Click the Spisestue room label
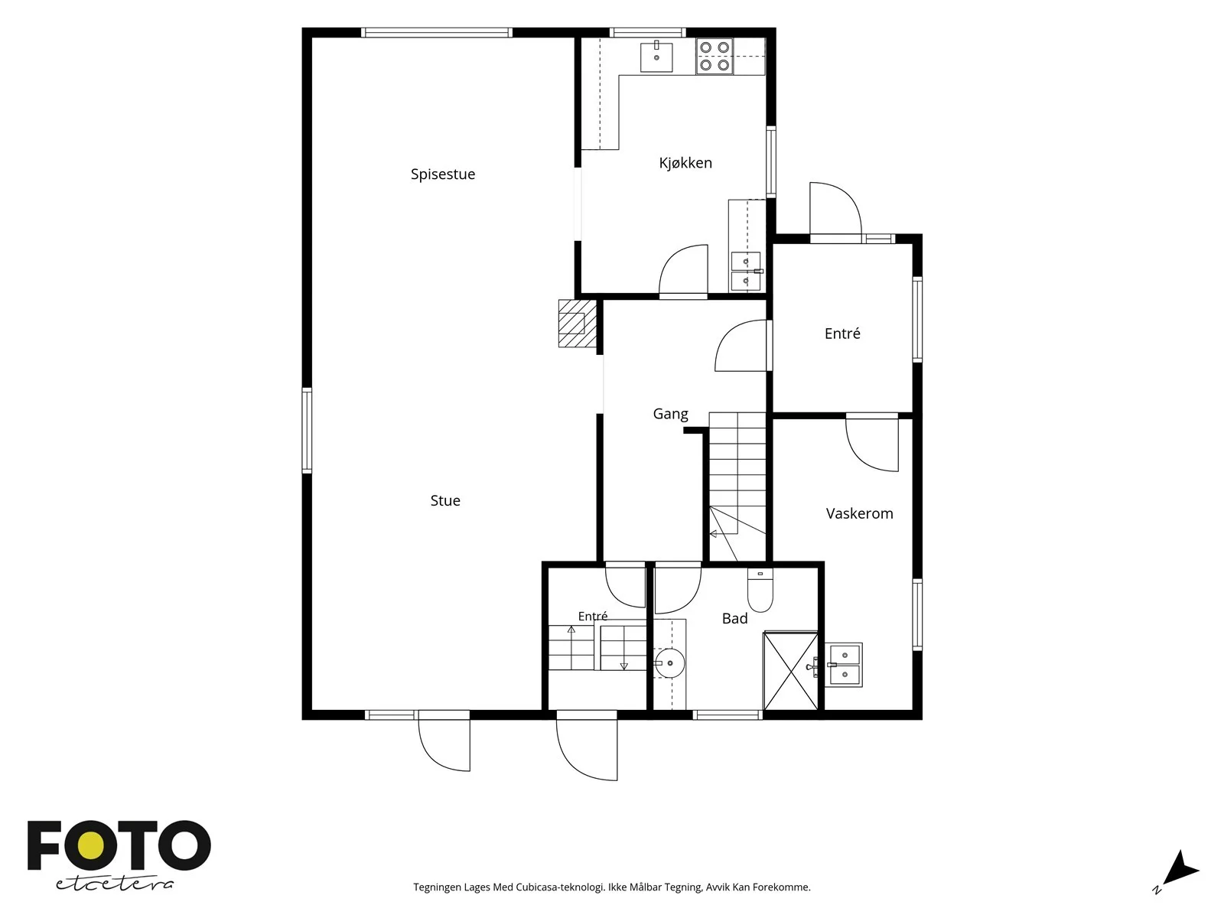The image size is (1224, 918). point(443,174)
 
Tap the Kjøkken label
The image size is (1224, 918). point(685,163)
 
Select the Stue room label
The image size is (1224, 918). point(445,500)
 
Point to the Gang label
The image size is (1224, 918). point(670,414)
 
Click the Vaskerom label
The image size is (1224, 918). point(859,513)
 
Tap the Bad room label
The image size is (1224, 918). point(734,618)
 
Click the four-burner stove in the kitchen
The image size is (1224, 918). point(715,57)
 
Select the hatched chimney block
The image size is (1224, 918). point(578,324)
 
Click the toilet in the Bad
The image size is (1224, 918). point(760,591)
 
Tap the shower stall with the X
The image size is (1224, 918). point(791,671)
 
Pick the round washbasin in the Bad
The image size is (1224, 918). point(668,663)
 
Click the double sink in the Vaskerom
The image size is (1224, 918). point(844,665)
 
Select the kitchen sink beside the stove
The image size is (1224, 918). point(656,57)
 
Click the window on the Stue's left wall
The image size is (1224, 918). point(307,431)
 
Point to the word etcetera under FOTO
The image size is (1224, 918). point(114,884)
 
